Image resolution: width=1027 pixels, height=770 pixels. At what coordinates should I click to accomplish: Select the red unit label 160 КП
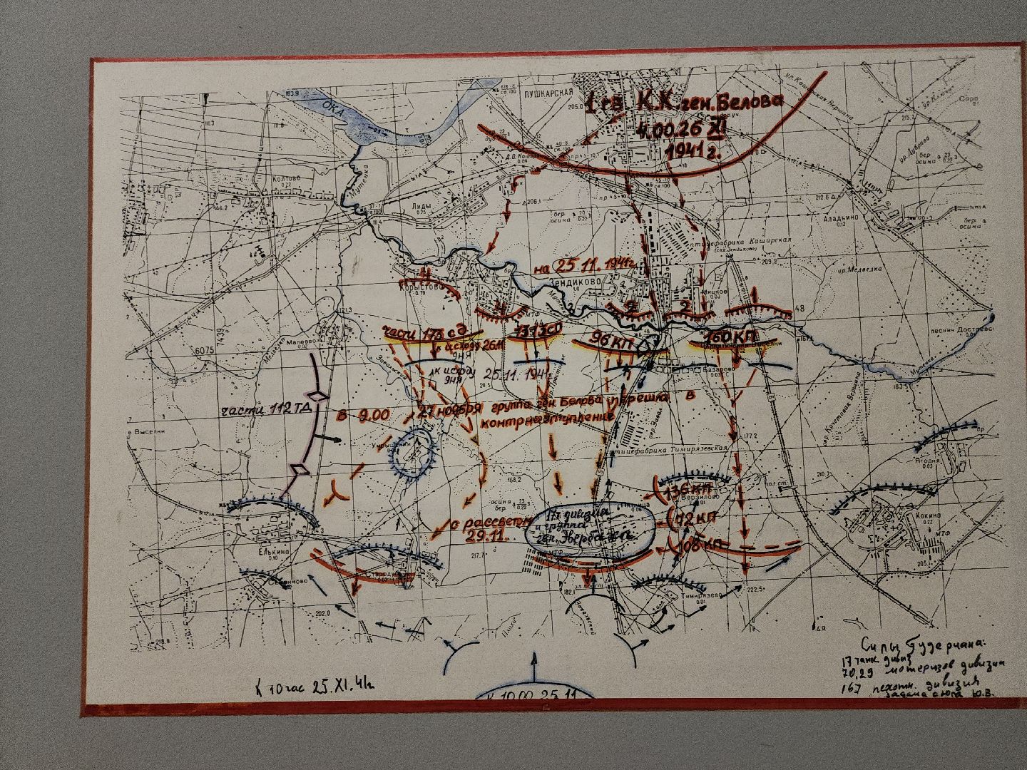point(730,336)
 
